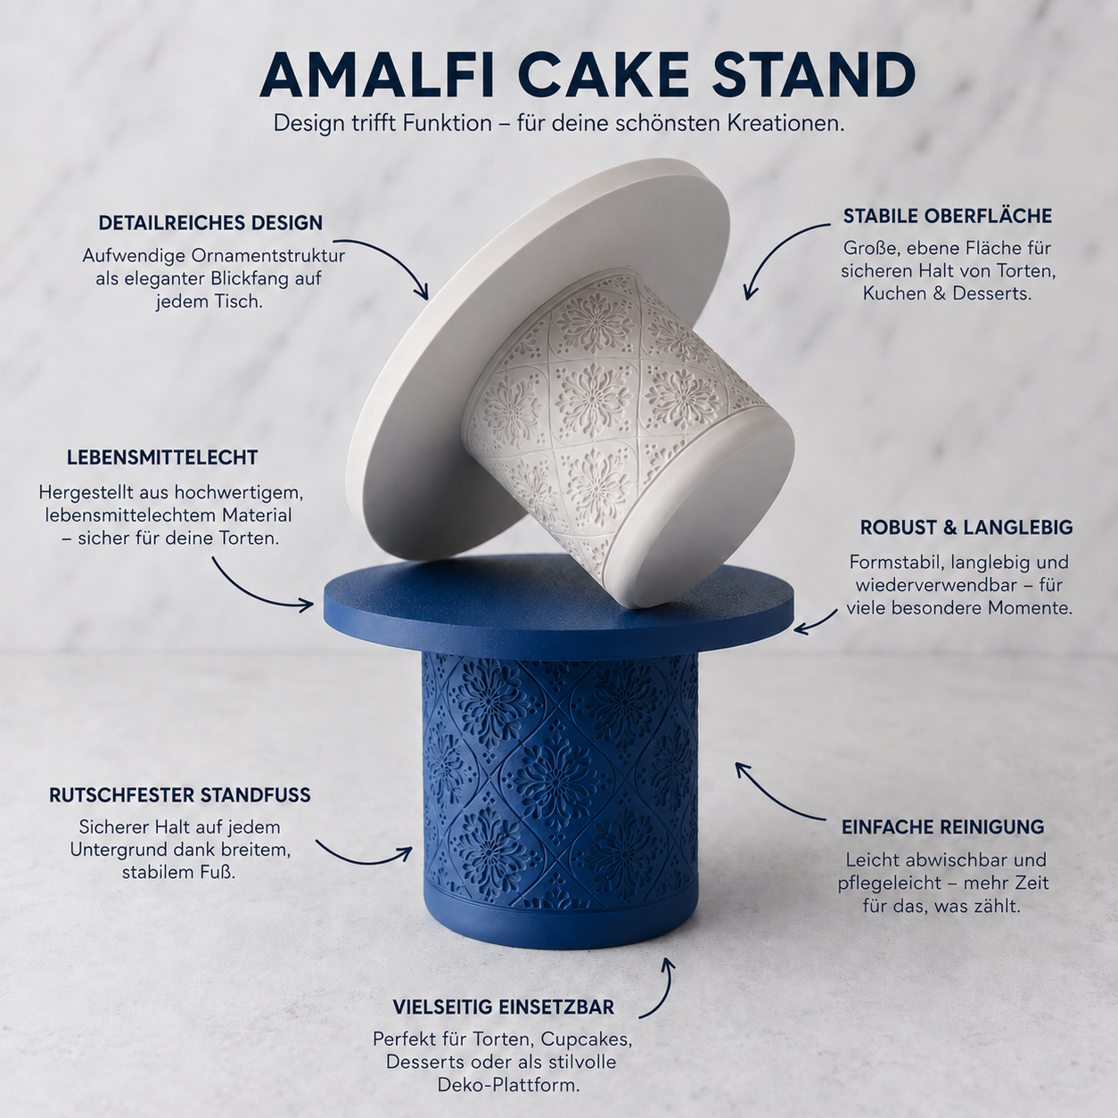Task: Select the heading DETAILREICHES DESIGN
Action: click(210, 223)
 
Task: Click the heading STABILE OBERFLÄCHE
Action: click(948, 216)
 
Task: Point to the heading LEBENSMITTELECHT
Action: click(162, 457)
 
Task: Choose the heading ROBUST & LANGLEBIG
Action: click(966, 528)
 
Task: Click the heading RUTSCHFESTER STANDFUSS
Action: click(180, 795)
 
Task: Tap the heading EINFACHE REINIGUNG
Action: click(942, 827)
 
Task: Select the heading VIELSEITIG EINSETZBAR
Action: click(504, 1007)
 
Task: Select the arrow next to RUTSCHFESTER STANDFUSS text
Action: click(363, 859)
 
